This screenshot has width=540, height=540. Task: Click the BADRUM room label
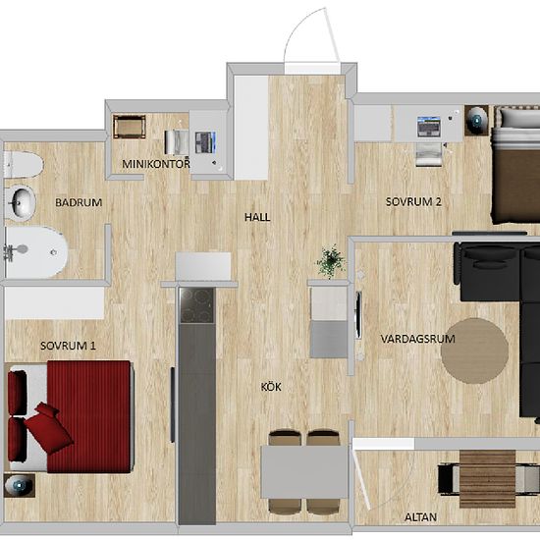click(x=79, y=202)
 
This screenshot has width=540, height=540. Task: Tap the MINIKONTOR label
click(x=156, y=164)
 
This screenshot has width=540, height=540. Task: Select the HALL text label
click(x=257, y=217)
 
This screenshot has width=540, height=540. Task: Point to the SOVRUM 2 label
click(x=413, y=202)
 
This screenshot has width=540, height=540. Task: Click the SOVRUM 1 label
click(x=68, y=346)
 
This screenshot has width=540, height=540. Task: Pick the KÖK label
click(x=271, y=387)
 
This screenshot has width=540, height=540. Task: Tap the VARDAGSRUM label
click(x=417, y=339)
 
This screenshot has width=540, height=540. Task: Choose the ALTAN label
click(x=420, y=516)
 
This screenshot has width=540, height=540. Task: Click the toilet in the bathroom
click(x=23, y=165)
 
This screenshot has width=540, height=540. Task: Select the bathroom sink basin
click(x=22, y=203)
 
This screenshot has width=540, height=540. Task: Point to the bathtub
click(x=35, y=251)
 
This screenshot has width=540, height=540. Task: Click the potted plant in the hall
click(x=331, y=262)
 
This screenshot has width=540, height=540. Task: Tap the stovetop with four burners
click(x=196, y=305)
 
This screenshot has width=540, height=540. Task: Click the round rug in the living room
click(x=474, y=351)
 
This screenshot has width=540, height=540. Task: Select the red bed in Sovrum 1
click(x=71, y=416)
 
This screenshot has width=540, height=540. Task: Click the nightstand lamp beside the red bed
click(x=20, y=485)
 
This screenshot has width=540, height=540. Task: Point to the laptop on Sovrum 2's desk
click(x=429, y=127)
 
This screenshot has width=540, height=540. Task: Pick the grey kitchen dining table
click(x=303, y=472)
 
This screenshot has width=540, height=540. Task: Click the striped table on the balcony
click(x=488, y=479)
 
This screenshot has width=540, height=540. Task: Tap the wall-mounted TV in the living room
click(x=358, y=315)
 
